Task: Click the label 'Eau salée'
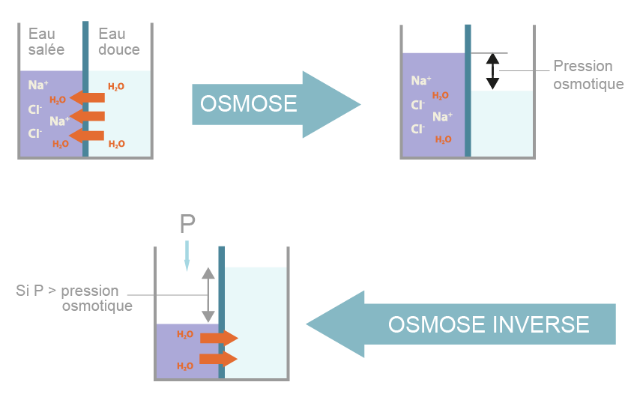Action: [46, 42]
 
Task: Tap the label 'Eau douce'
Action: [118, 42]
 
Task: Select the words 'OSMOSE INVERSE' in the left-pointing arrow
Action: [489, 324]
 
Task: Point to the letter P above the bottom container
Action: [187, 223]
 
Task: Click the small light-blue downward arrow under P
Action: [187, 255]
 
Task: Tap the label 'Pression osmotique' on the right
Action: [588, 75]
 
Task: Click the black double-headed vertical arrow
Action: [492, 71]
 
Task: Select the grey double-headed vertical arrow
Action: [208, 294]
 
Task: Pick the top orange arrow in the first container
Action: [88, 97]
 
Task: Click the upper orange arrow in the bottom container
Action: [219, 339]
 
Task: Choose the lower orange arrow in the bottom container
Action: [219, 360]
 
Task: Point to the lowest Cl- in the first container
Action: [35, 133]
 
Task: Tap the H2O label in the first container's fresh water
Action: [116, 87]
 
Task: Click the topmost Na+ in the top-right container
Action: [420, 80]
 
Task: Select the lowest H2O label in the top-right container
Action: [443, 139]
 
